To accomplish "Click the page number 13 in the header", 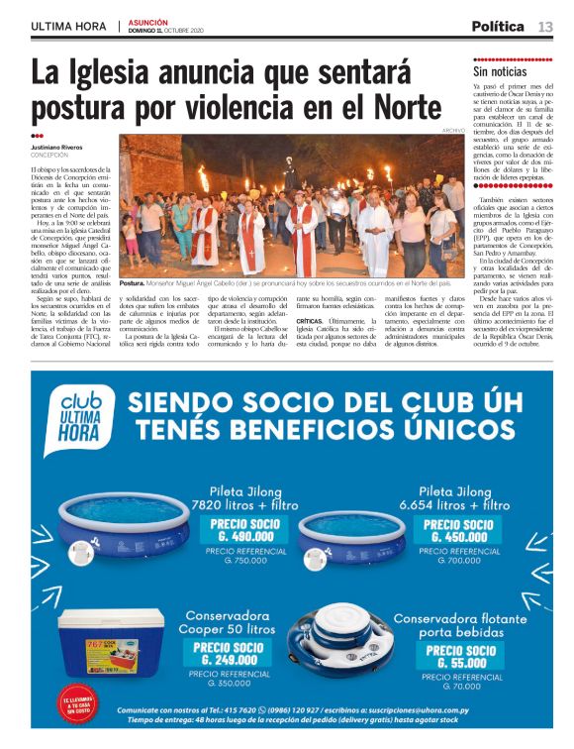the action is [x=545, y=27].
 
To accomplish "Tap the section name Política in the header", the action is [x=498, y=27].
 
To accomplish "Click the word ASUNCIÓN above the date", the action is [x=147, y=21].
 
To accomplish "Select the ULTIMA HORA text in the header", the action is [x=68, y=27].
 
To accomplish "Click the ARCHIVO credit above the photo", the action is [x=453, y=131].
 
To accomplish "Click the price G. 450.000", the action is [x=461, y=532].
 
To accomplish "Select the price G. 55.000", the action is [x=464, y=658].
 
